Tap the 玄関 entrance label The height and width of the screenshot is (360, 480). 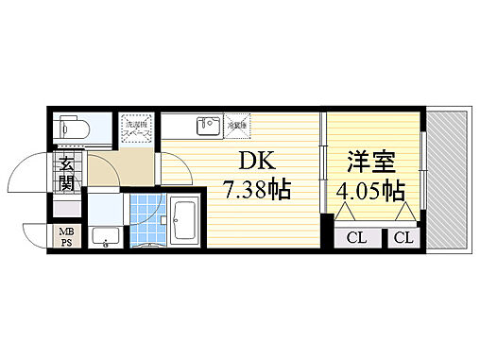[67, 174]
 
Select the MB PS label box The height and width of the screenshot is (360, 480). [66, 236]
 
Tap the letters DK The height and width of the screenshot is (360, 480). [242, 161]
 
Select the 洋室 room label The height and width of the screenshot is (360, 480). [368, 161]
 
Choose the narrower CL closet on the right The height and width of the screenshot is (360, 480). [403, 237]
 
